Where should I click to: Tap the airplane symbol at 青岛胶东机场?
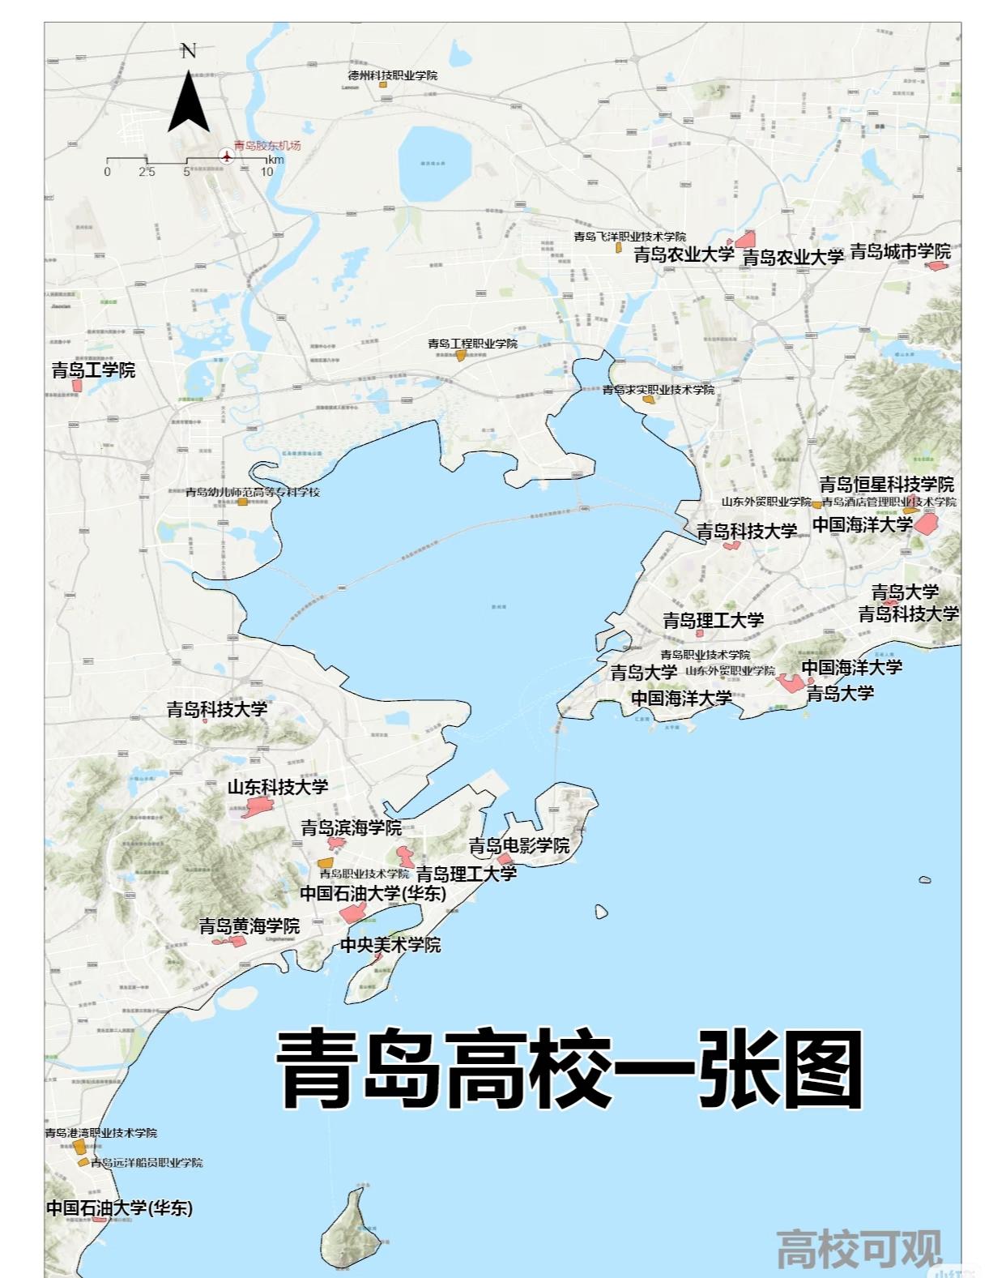point(225,156)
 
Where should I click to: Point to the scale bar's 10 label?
point(266,172)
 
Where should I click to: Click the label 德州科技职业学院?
point(393,75)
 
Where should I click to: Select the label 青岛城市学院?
point(900,252)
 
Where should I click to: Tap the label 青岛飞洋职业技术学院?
point(629,237)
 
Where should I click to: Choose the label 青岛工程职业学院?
point(472,344)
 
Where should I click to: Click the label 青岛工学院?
point(93,370)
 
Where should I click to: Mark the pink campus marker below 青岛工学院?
point(78,386)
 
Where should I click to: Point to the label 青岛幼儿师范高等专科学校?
point(253,492)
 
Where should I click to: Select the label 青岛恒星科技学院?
point(886,485)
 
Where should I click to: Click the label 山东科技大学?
point(278,787)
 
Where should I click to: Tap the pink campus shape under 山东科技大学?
point(259,806)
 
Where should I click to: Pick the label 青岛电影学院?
point(519,846)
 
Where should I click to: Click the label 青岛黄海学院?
point(249,925)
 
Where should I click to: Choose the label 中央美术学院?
point(390,945)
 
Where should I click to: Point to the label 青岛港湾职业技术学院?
point(101,1133)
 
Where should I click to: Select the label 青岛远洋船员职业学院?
point(147,1163)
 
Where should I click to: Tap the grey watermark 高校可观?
point(859,1250)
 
